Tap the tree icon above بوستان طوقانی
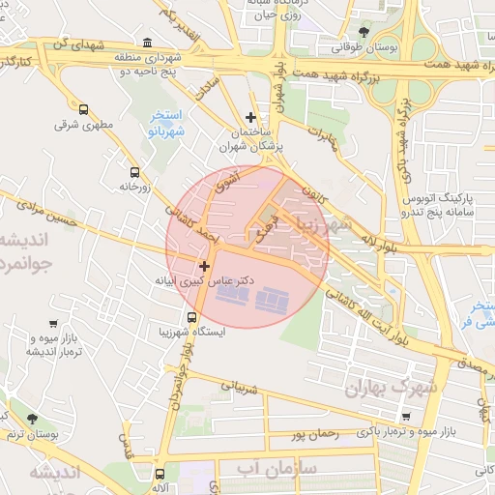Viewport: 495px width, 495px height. pyautogui.click(x=363, y=30)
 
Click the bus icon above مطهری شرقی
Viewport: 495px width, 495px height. pyautogui.click(x=83, y=110)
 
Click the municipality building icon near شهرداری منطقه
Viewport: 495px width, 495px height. pyautogui.click(x=146, y=43)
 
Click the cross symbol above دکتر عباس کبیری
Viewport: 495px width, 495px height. pyautogui.click(x=204, y=265)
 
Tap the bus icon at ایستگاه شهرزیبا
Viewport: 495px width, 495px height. pyautogui.click(x=191, y=317)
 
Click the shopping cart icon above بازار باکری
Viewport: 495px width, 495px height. pyautogui.click(x=405, y=416)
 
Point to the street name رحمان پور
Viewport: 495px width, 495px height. pyautogui.click(x=314, y=436)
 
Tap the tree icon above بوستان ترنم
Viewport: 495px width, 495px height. pyautogui.click(x=32, y=419)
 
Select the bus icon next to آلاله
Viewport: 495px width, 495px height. pyautogui.click(x=160, y=474)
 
